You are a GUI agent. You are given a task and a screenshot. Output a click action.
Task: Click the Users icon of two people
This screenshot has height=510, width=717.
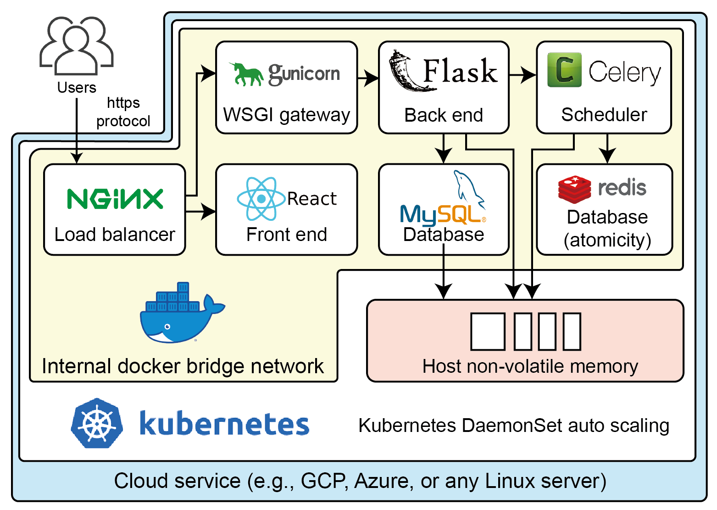coord(76,46)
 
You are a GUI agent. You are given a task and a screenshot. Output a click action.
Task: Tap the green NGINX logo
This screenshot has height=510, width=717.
coord(115,199)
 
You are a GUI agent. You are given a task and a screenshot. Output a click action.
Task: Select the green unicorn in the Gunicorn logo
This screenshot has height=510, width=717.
coord(246,74)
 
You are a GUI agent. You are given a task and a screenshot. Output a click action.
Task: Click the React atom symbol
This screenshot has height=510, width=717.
coord(261,199)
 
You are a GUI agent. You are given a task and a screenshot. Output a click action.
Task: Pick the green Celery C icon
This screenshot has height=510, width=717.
coord(564,70)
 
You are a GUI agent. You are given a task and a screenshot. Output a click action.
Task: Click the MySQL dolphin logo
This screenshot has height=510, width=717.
coord(468,188)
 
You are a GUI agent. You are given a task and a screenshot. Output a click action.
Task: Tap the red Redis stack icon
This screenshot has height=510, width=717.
coord(574,189)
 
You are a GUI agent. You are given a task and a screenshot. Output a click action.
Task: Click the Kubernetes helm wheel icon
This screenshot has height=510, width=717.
coord(97,423)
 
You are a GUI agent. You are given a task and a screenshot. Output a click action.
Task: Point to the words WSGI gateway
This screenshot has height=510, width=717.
coord(287,115)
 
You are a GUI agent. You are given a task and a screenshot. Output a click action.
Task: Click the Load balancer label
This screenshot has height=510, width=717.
coord(115,235)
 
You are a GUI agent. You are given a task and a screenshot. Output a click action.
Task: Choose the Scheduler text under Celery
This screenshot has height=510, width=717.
coord(604,115)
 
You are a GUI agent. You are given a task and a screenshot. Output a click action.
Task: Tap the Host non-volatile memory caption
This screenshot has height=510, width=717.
coord(530,366)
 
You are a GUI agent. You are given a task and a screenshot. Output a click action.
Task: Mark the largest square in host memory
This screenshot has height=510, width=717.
coord(488,331)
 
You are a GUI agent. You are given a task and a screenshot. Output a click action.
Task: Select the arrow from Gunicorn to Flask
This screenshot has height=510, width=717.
coord(368,78)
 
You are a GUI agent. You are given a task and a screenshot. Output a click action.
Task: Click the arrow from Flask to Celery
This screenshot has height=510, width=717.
coord(522,75)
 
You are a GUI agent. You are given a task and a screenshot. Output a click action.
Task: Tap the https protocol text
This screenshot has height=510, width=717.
coord(123,112)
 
